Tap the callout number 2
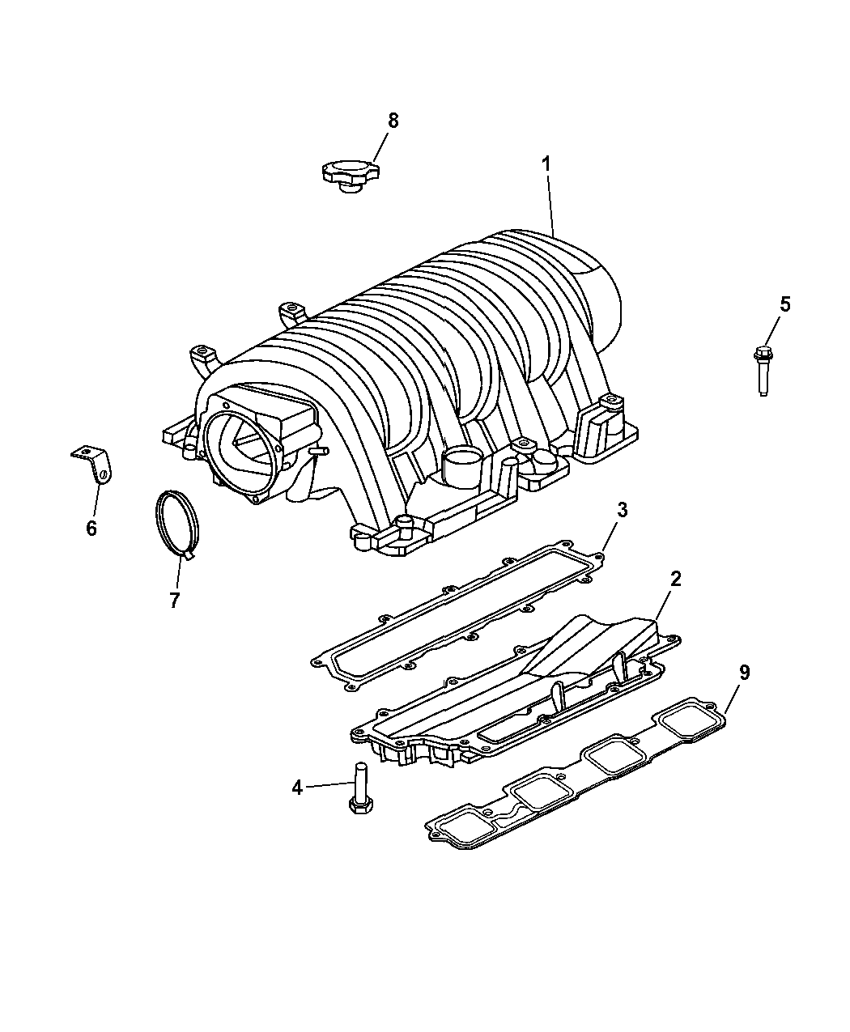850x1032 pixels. click(x=675, y=579)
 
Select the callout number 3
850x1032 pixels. click(x=623, y=510)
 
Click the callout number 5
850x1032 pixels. click(x=785, y=304)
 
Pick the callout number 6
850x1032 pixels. click(x=91, y=529)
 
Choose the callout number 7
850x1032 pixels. click(x=174, y=600)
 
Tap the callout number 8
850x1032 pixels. click(x=393, y=120)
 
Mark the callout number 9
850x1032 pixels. click(x=744, y=672)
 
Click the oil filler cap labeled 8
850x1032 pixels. click(x=350, y=176)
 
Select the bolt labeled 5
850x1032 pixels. click(x=763, y=372)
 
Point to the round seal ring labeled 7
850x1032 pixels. click(x=176, y=524)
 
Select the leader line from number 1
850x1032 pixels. click(x=550, y=205)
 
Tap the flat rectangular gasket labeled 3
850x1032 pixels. click(x=457, y=616)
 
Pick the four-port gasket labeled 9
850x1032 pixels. click(x=576, y=773)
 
